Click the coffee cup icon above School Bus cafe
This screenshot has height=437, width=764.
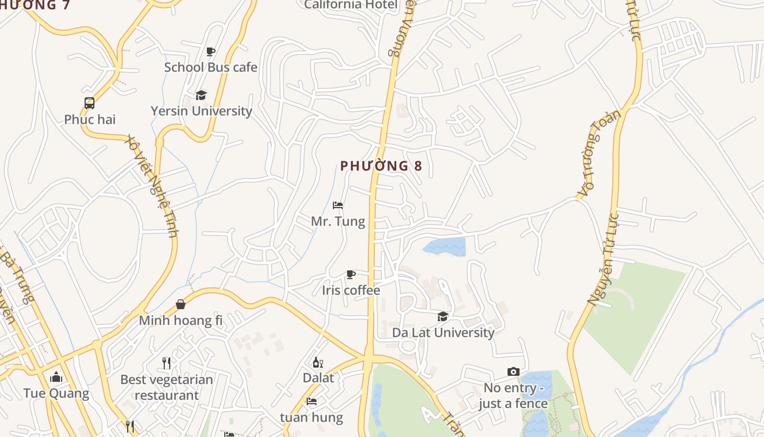(x=211, y=52)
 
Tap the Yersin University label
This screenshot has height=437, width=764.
(x=201, y=111)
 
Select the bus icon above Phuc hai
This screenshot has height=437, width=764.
(x=89, y=103)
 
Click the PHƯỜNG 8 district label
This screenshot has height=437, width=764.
(x=381, y=166)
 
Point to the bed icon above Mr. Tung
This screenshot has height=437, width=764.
(x=338, y=206)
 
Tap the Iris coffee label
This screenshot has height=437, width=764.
(x=351, y=290)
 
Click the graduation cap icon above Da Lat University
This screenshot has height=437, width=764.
(x=443, y=317)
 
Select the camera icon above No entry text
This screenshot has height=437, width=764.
(x=513, y=372)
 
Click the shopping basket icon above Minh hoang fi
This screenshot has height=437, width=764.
(x=181, y=304)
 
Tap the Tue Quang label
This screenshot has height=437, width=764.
(x=56, y=393)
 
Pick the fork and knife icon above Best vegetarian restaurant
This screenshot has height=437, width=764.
(x=167, y=363)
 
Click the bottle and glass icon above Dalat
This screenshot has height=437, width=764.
(x=318, y=362)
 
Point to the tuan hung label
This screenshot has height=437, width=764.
(x=312, y=418)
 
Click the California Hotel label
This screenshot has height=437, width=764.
(x=351, y=5)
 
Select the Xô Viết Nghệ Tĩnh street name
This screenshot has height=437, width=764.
(x=153, y=186)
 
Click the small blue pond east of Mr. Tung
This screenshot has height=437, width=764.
(x=445, y=247)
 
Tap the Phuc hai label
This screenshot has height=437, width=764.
(x=90, y=119)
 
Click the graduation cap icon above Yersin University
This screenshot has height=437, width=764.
(x=201, y=95)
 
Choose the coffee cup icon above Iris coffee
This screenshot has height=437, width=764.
(x=351, y=274)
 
